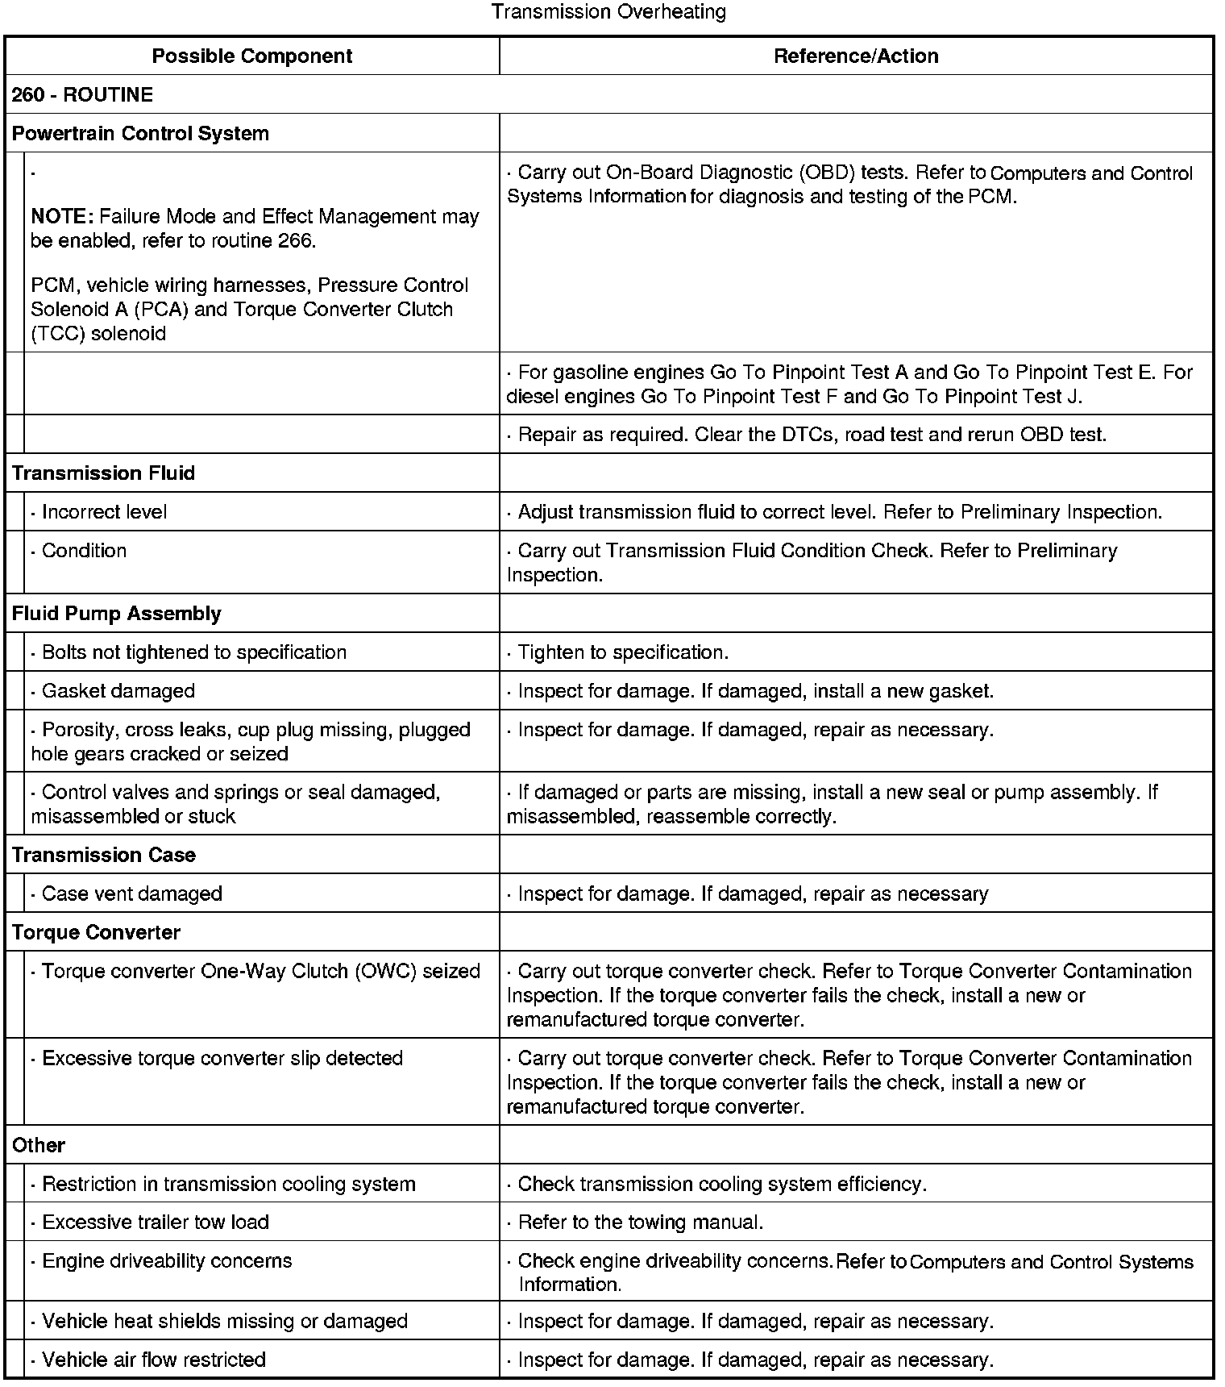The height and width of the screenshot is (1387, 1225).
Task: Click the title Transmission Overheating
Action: tap(608, 12)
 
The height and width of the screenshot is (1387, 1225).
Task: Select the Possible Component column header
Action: tap(252, 56)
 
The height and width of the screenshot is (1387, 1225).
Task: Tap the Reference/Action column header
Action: tap(856, 56)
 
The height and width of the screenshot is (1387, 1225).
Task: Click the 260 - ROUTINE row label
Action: tap(82, 94)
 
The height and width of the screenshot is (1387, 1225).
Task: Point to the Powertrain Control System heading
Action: tap(140, 133)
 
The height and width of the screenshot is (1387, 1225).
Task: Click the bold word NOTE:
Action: tap(63, 216)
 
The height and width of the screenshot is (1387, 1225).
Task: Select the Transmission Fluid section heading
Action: tap(103, 473)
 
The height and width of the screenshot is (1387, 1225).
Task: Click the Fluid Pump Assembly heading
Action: tap(116, 613)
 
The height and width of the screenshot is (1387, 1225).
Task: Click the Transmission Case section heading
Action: tap(103, 854)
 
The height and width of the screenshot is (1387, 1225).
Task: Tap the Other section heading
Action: tap(39, 1144)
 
